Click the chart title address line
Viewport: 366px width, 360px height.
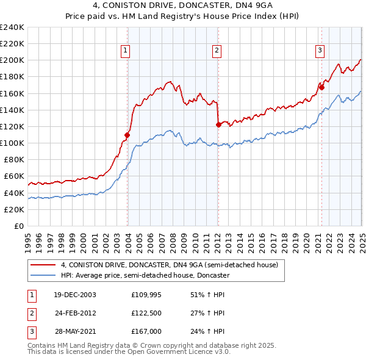(x=182, y=7)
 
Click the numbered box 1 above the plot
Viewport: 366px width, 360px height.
(x=124, y=51)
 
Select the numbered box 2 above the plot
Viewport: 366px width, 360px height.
(x=217, y=51)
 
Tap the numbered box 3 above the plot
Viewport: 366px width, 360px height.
(x=320, y=51)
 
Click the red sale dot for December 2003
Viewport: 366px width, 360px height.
(x=127, y=135)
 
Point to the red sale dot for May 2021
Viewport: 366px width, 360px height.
(x=321, y=87)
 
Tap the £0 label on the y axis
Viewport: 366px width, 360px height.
(x=18, y=226)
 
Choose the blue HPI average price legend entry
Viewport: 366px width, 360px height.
(x=145, y=275)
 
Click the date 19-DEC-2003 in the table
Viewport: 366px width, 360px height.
(x=74, y=294)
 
